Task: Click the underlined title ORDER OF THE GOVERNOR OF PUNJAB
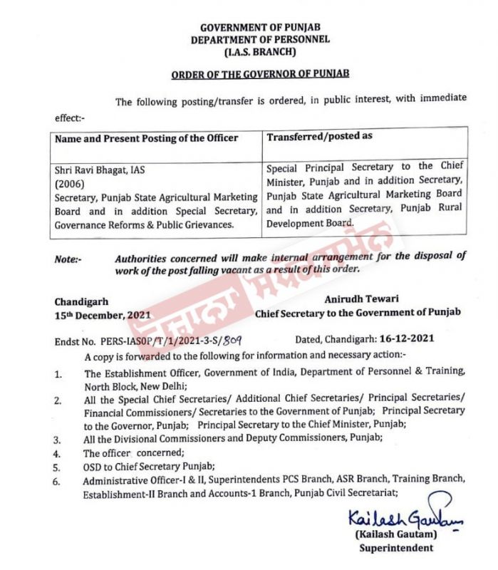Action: tap(260, 73)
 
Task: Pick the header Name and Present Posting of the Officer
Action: tap(147, 138)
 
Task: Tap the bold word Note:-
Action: tap(68, 260)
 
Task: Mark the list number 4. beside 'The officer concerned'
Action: tap(58, 452)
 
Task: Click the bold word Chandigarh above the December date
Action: tap(82, 302)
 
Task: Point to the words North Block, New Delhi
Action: tap(132, 385)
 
